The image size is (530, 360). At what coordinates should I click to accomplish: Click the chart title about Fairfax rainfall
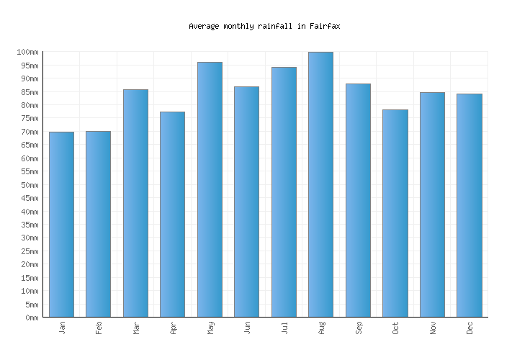pyautogui.click(x=264, y=26)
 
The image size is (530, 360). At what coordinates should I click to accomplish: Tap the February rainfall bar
pyautogui.click(x=98, y=224)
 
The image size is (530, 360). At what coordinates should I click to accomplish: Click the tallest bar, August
pyautogui.click(x=320, y=184)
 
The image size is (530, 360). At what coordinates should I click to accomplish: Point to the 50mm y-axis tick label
pyautogui.click(x=30, y=185)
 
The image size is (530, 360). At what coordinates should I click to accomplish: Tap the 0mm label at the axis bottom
pyautogui.click(x=32, y=318)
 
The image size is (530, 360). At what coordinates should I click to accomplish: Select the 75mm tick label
pyautogui.click(x=30, y=119)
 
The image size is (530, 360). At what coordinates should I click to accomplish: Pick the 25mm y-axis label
pyautogui.click(x=30, y=251)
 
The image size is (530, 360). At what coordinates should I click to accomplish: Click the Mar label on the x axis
pyautogui.click(x=136, y=328)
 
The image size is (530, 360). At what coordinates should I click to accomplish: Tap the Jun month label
pyautogui.click(x=247, y=328)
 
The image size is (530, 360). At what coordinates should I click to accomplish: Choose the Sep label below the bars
pyautogui.click(x=359, y=328)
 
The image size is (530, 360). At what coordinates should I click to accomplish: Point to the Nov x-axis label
pyautogui.click(x=433, y=328)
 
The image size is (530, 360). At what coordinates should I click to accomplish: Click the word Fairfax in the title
pyautogui.click(x=325, y=26)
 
